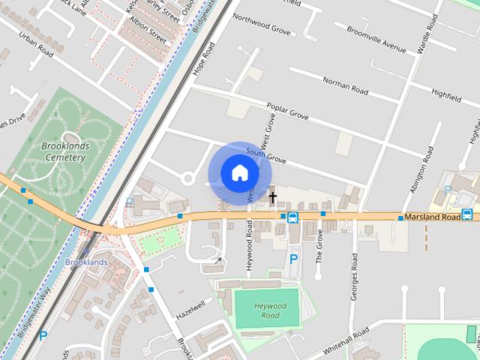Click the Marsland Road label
431,217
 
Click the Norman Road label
345,85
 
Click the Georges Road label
354,277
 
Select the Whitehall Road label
346,340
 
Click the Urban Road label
37,43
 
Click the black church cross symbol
273,198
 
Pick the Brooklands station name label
86,262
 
